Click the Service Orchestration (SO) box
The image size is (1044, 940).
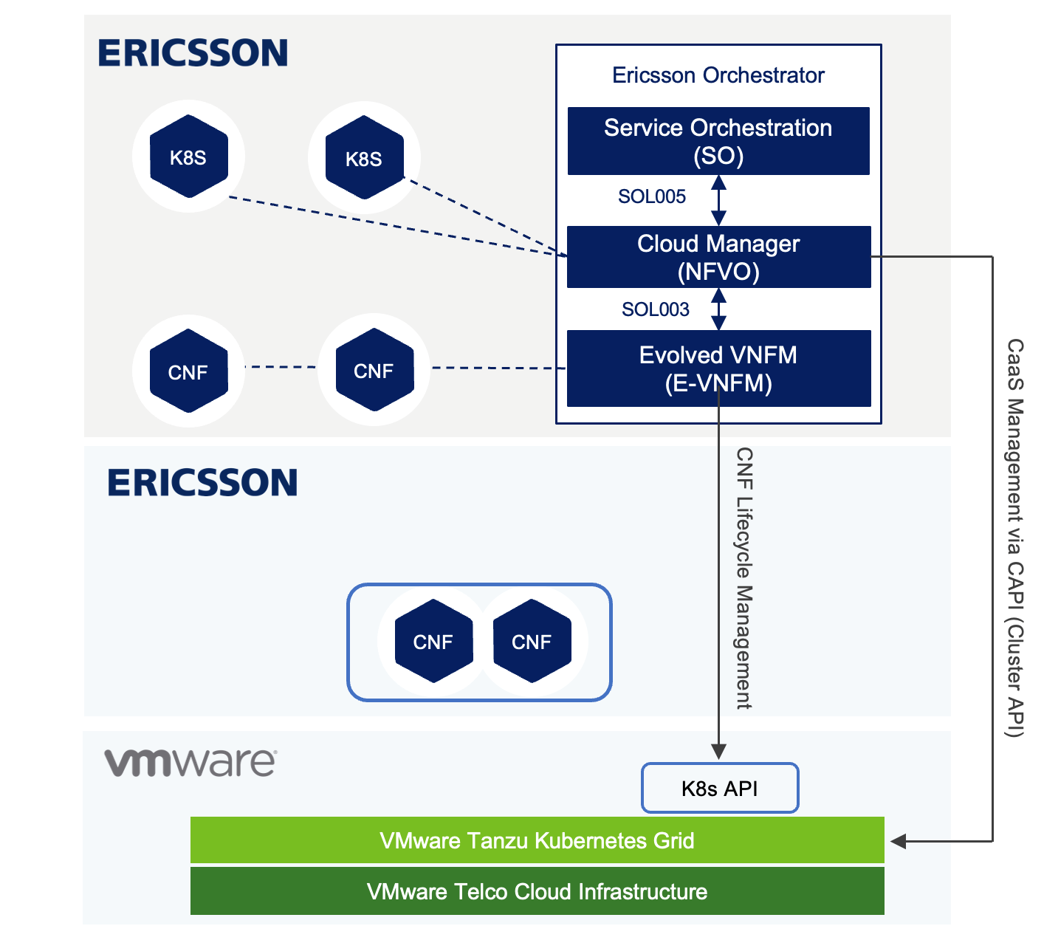(x=718, y=141)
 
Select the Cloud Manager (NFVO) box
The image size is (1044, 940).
(x=718, y=257)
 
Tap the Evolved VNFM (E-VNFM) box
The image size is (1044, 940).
(x=718, y=368)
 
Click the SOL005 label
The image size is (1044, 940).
(x=651, y=196)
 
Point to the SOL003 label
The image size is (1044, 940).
(x=655, y=309)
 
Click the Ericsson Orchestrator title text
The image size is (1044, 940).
(x=718, y=75)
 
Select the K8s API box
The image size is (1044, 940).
(x=720, y=789)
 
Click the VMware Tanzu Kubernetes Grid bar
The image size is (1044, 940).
(x=537, y=840)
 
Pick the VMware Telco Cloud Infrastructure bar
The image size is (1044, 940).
(x=537, y=891)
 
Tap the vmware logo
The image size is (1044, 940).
(x=190, y=762)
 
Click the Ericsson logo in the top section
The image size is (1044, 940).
(x=193, y=53)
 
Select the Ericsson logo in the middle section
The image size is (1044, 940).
(x=202, y=483)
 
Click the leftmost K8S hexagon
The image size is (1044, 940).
(x=188, y=157)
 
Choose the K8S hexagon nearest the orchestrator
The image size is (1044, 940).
(x=364, y=158)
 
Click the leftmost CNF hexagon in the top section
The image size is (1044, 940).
(x=188, y=371)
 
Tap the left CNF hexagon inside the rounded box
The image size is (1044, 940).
(x=433, y=641)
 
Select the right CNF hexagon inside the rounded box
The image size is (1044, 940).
(x=532, y=641)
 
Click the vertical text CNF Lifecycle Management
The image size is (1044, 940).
(x=744, y=578)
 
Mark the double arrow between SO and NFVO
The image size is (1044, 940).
(x=718, y=200)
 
